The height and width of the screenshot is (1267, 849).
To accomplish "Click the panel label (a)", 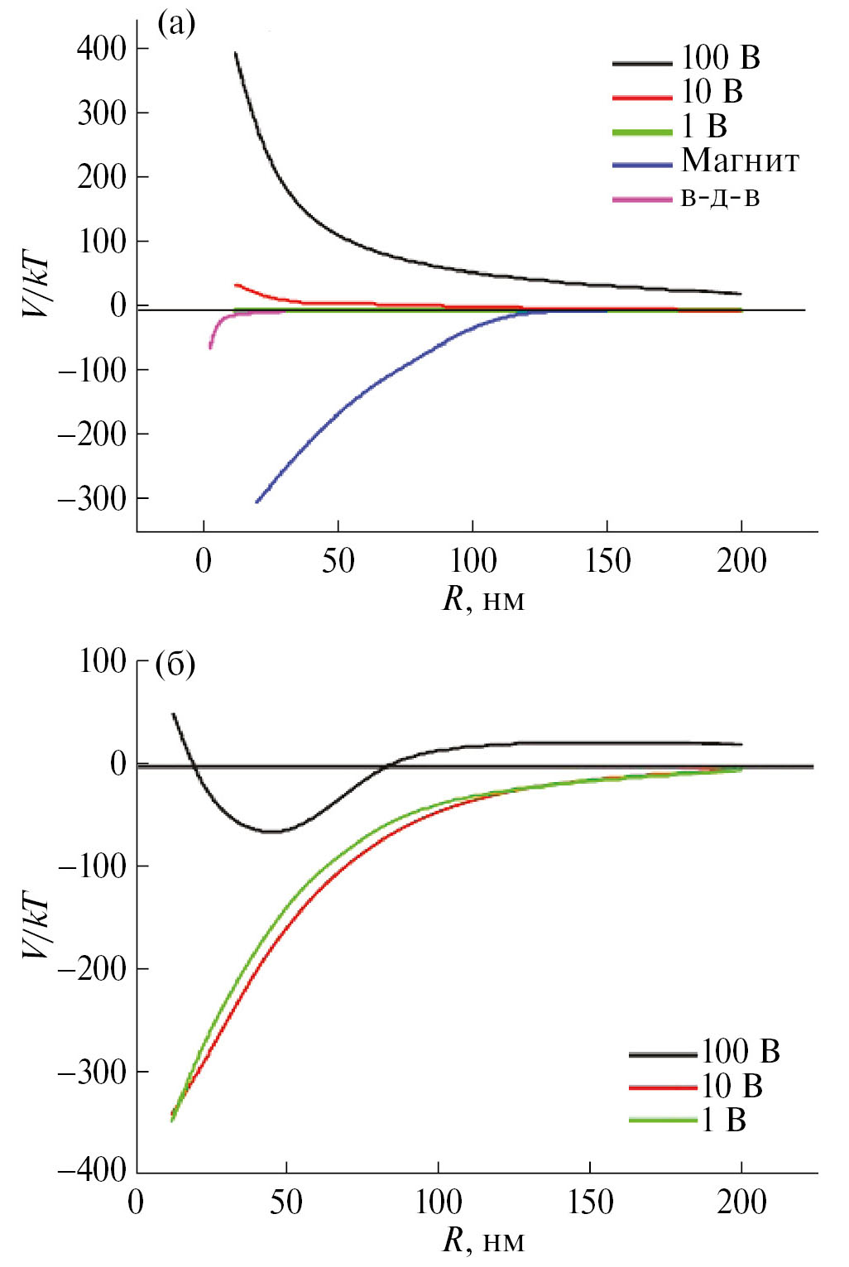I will [x=176, y=25].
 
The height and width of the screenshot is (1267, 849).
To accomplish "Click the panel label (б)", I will [x=175, y=664].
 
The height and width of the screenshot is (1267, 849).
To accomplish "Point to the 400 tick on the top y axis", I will [x=101, y=49].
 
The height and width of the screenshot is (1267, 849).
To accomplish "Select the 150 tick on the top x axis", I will [x=607, y=561].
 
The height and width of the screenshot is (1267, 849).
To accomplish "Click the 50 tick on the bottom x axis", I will [x=286, y=1202].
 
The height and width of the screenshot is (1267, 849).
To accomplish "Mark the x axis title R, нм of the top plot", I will [x=483, y=599].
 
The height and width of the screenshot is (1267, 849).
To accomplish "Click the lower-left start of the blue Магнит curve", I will [x=257, y=502].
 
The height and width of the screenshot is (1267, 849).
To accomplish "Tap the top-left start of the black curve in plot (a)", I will [x=236, y=54].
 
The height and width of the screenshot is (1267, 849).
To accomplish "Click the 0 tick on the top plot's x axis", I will [x=204, y=561].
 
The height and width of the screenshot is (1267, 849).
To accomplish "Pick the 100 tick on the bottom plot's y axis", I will [x=102, y=661].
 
